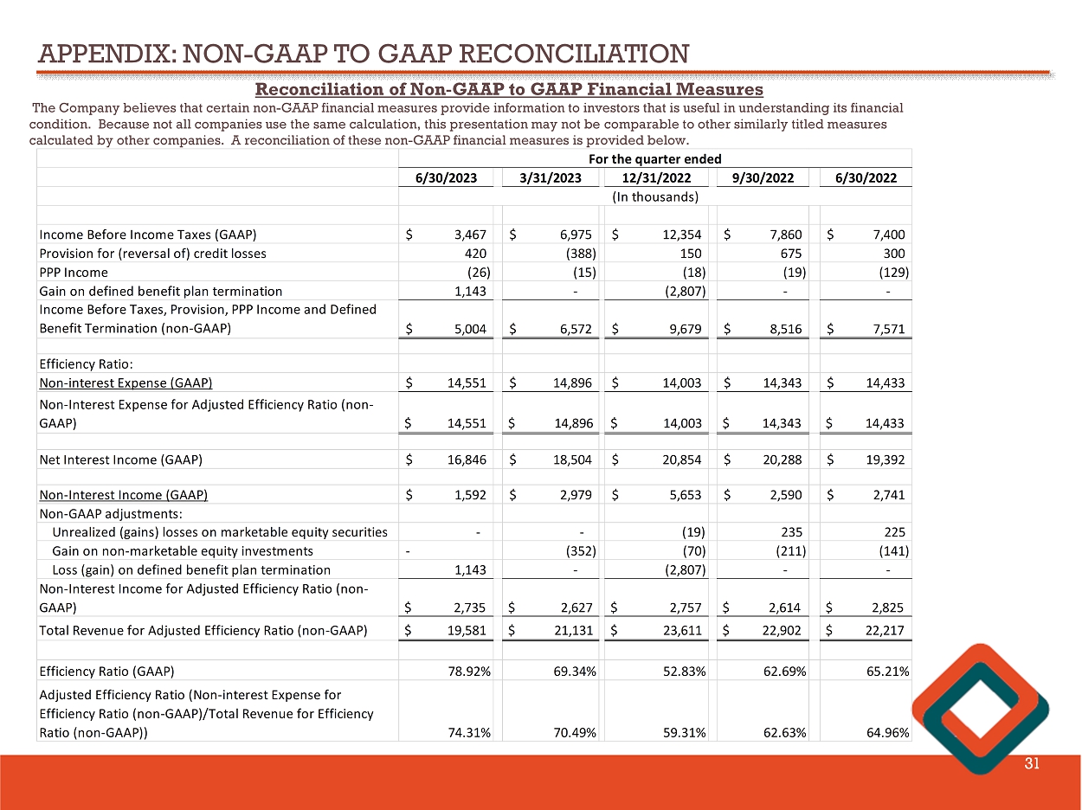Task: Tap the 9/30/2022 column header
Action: coord(763,178)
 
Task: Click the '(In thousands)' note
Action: coord(654,196)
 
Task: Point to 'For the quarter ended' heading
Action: coord(654,159)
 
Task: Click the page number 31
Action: coord(1031,763)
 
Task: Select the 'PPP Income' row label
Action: coord(74,273)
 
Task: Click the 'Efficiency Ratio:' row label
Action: coord(85,364)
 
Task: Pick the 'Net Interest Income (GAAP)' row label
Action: coord(120,460)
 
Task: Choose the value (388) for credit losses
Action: coord(577,254)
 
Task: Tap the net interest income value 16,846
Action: coord(467,460)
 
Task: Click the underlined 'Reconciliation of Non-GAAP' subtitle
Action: coord(509,89)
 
